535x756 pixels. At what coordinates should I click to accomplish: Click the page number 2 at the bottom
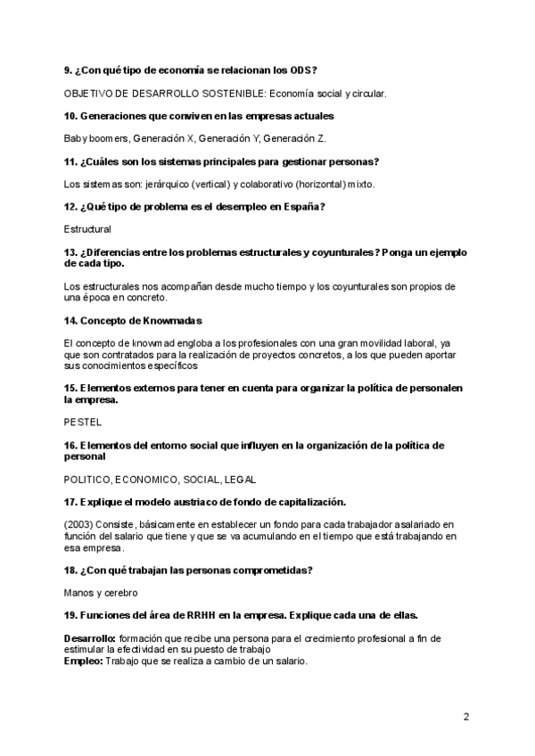(x=465, y=717)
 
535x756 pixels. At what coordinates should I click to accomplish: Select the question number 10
(x=70, y=116)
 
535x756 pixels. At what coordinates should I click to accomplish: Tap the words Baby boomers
(x=96, y=138)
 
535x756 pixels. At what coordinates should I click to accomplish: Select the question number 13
(x=70, y=252)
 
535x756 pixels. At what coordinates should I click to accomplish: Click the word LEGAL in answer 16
(x=239, y=479)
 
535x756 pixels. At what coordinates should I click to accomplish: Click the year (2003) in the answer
(x=80, y=523)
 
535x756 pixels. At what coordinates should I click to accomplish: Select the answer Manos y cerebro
(x=100, y=592)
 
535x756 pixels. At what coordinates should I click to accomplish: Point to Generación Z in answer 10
(x=296, y=138)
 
